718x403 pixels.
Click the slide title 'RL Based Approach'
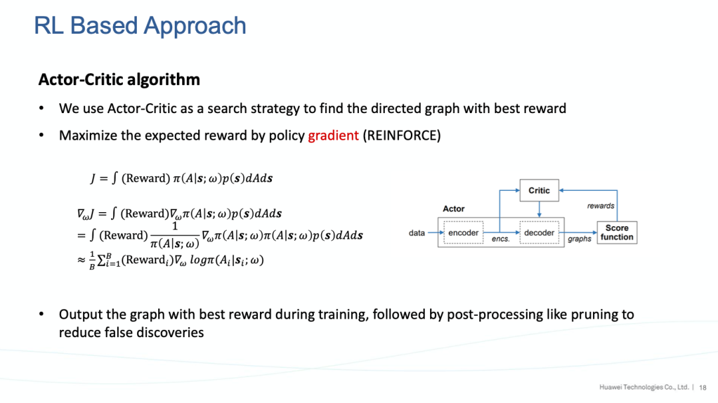[x=140, y=26]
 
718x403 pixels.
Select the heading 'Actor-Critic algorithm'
[x=119, y=80]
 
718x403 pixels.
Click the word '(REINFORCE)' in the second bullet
[x=402, y=136]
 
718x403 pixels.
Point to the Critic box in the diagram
[x=538, y=190]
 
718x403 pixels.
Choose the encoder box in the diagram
[x=463, y=233]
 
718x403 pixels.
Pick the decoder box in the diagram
[x=539, y=233]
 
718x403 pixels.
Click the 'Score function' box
[x=617, y=232]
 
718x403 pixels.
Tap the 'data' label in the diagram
[x=417, y=233]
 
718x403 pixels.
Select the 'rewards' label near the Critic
[x=600, y=206]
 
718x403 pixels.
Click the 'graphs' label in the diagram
[x=579, y=239]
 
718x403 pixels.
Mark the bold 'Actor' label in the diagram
[x=453, y=209]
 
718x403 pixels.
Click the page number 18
[x=703, y=387]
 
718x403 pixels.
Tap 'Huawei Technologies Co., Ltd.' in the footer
[x=644, y=387]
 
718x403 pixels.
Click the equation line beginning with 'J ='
[x=181, y=178]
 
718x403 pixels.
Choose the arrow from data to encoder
[x=436, y=233]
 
